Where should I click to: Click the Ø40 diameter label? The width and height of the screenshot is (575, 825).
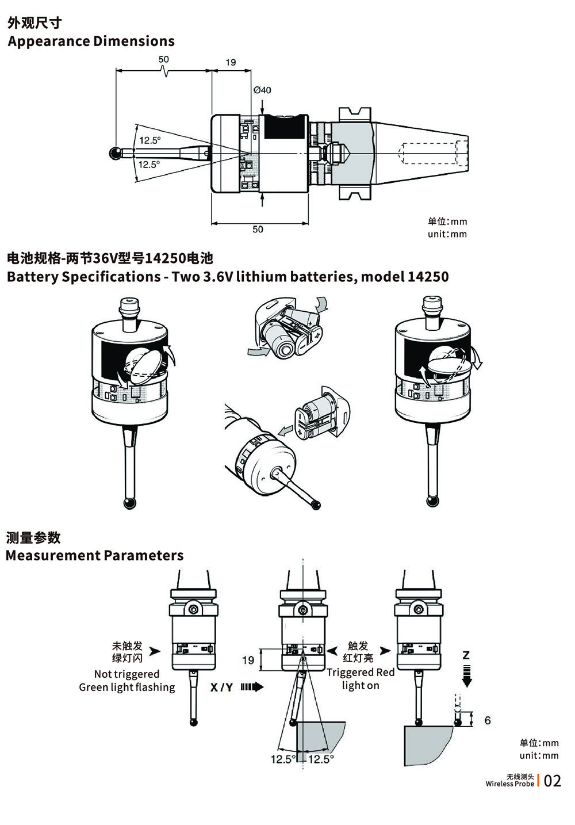(x=262, y=90)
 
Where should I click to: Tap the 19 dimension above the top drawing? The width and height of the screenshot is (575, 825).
(x=231, y=62)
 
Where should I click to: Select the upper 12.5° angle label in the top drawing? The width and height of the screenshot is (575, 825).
(x=149, y=140)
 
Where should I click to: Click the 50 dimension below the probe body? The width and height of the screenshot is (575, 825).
(x=258, y=229)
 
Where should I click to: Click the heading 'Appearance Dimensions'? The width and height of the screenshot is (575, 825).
(x=91, y=41)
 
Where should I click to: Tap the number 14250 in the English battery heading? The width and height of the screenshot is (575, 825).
(x=428, y=277)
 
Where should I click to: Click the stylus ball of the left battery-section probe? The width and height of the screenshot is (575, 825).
(x=130, y=503)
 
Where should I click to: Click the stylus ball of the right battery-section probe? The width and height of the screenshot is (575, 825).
(x=432, y=502)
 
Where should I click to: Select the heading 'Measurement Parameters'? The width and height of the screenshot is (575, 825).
(x=94, y=555)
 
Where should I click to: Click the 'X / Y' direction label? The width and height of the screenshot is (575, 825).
(x=221, y=687)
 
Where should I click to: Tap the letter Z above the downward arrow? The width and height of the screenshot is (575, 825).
(x=466, y=655)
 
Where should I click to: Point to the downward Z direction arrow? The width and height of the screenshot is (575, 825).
(x=467, y=676)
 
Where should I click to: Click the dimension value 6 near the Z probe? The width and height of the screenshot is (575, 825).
(x=488, y=720)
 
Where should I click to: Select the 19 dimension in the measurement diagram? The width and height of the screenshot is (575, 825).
(x=248, y=660)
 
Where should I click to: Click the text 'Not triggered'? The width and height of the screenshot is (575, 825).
(x=126, y=674)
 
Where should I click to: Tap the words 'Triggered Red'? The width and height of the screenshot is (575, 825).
(x=361, y=672)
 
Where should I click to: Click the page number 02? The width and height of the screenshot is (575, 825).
(x=552, y=781)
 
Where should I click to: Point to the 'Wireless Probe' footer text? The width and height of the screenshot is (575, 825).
(x=509, y=784)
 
